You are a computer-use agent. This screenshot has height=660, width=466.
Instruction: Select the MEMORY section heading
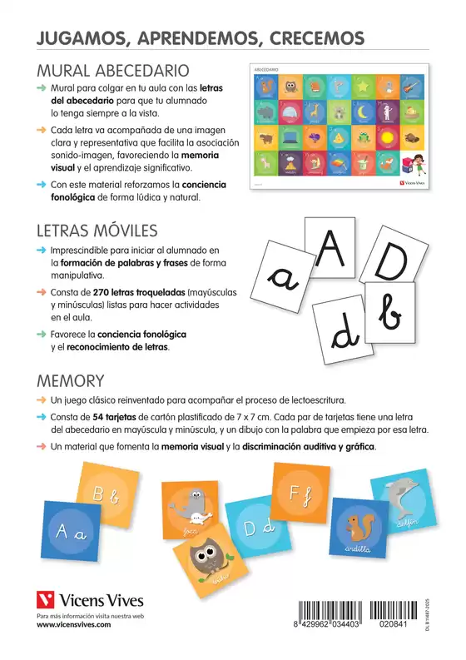[x=69, y=380]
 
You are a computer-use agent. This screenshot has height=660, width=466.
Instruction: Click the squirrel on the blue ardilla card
[x=361, y=526]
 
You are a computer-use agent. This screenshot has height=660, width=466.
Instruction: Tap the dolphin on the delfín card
[x=409, y=500]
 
